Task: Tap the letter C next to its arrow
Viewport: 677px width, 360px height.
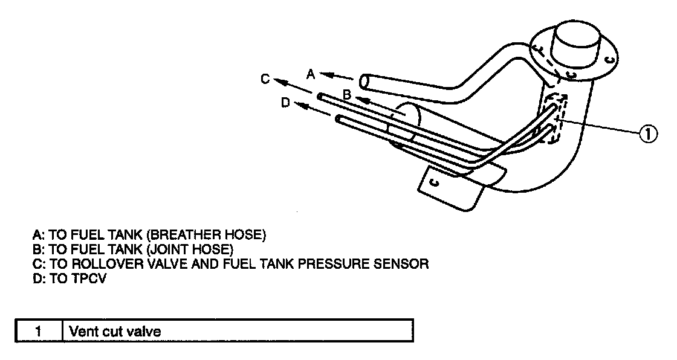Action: pos(264,79)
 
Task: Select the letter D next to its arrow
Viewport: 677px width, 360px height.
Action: pos(285,103)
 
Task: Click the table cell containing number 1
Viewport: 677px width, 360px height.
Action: pos(39,332)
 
